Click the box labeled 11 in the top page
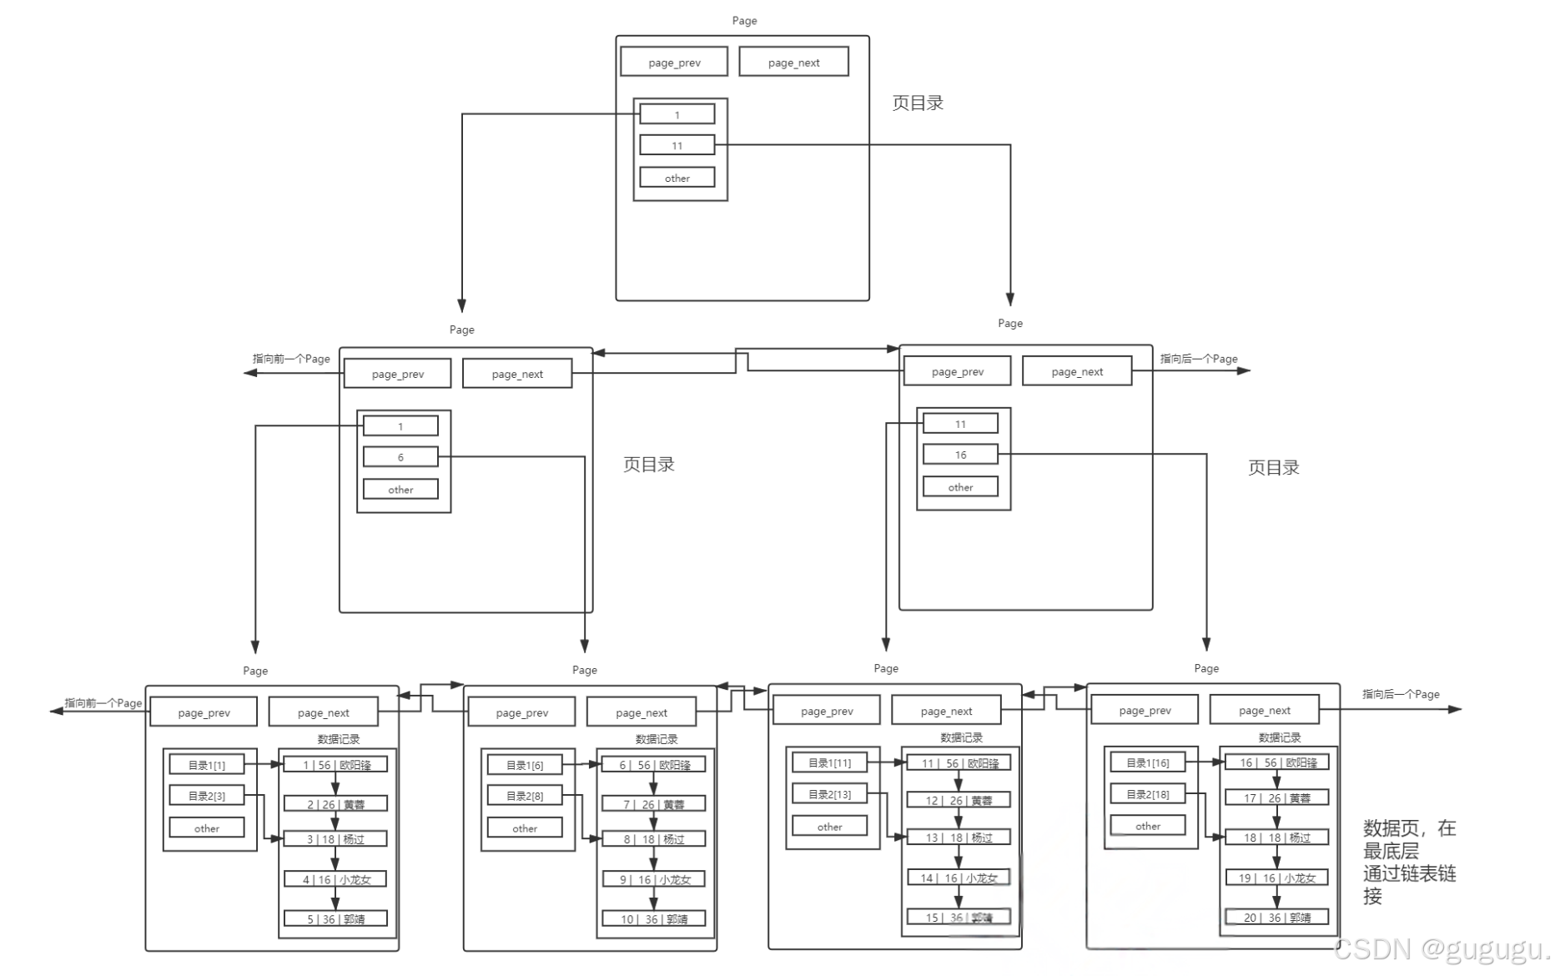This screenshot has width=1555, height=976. (677, 145)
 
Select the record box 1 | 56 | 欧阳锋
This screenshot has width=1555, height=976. (335, 764)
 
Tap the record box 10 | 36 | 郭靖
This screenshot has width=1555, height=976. (653, 918)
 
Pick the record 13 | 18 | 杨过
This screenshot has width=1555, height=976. (959, 837)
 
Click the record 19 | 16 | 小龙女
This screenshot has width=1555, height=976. (1276, 878)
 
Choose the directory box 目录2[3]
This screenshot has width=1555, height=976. (206, 796)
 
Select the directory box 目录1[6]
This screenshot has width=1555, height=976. (525, 765)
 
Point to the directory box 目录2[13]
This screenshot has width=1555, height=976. (829, 794)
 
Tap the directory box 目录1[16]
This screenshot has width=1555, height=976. (1147, 762)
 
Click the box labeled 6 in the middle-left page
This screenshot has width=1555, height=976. (400, 457)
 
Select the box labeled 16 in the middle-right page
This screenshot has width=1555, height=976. (960, 455)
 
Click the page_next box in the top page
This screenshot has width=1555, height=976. (793, 63)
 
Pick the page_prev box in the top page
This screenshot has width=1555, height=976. (674, 63)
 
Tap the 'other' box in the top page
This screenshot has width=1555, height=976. (677, 178)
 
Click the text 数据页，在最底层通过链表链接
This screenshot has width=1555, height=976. (1409, 862)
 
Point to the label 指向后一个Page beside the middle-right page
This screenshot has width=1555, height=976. (1198, 359)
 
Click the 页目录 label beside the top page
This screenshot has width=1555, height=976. (918, 103)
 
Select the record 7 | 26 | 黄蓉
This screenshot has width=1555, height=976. (653, 804)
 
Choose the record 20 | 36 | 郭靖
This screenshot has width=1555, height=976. (1276, 917)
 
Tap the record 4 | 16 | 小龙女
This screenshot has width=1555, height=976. (335, 879)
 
